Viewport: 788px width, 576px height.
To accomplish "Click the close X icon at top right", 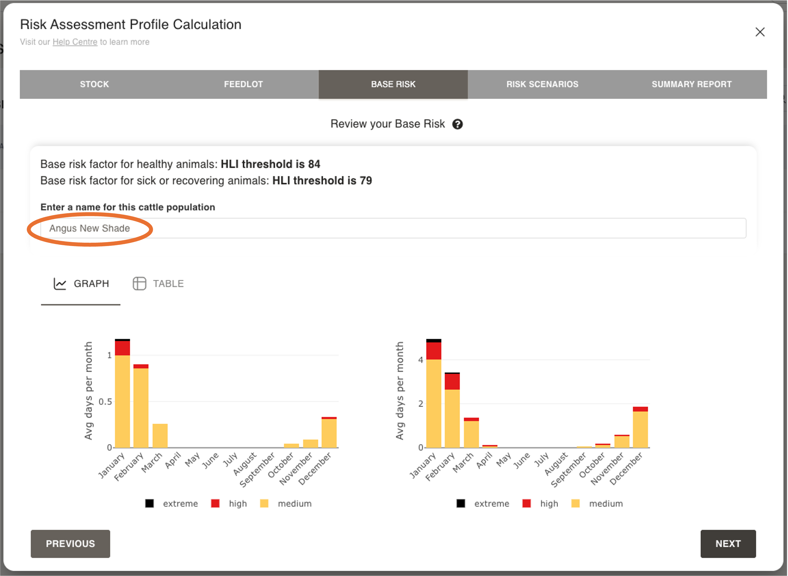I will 760,32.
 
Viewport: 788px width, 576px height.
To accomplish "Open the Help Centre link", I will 75,42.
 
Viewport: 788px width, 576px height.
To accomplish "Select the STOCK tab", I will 95,84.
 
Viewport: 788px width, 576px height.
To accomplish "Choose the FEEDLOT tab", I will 243,84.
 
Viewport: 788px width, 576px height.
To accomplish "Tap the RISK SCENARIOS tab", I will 542,84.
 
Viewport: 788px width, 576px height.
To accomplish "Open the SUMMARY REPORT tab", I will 691,84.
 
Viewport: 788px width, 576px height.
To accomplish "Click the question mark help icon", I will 457,124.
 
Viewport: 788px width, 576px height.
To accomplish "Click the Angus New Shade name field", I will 393,228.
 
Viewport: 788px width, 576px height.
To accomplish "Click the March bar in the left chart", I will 160,436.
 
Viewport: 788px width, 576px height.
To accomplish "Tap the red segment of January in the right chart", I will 434,351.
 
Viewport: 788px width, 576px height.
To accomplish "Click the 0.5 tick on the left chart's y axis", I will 105,402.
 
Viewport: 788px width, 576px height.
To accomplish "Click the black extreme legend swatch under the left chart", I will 150,504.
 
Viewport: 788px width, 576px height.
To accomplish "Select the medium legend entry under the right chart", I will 605,504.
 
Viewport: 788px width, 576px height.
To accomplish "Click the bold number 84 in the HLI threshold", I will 314,164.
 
